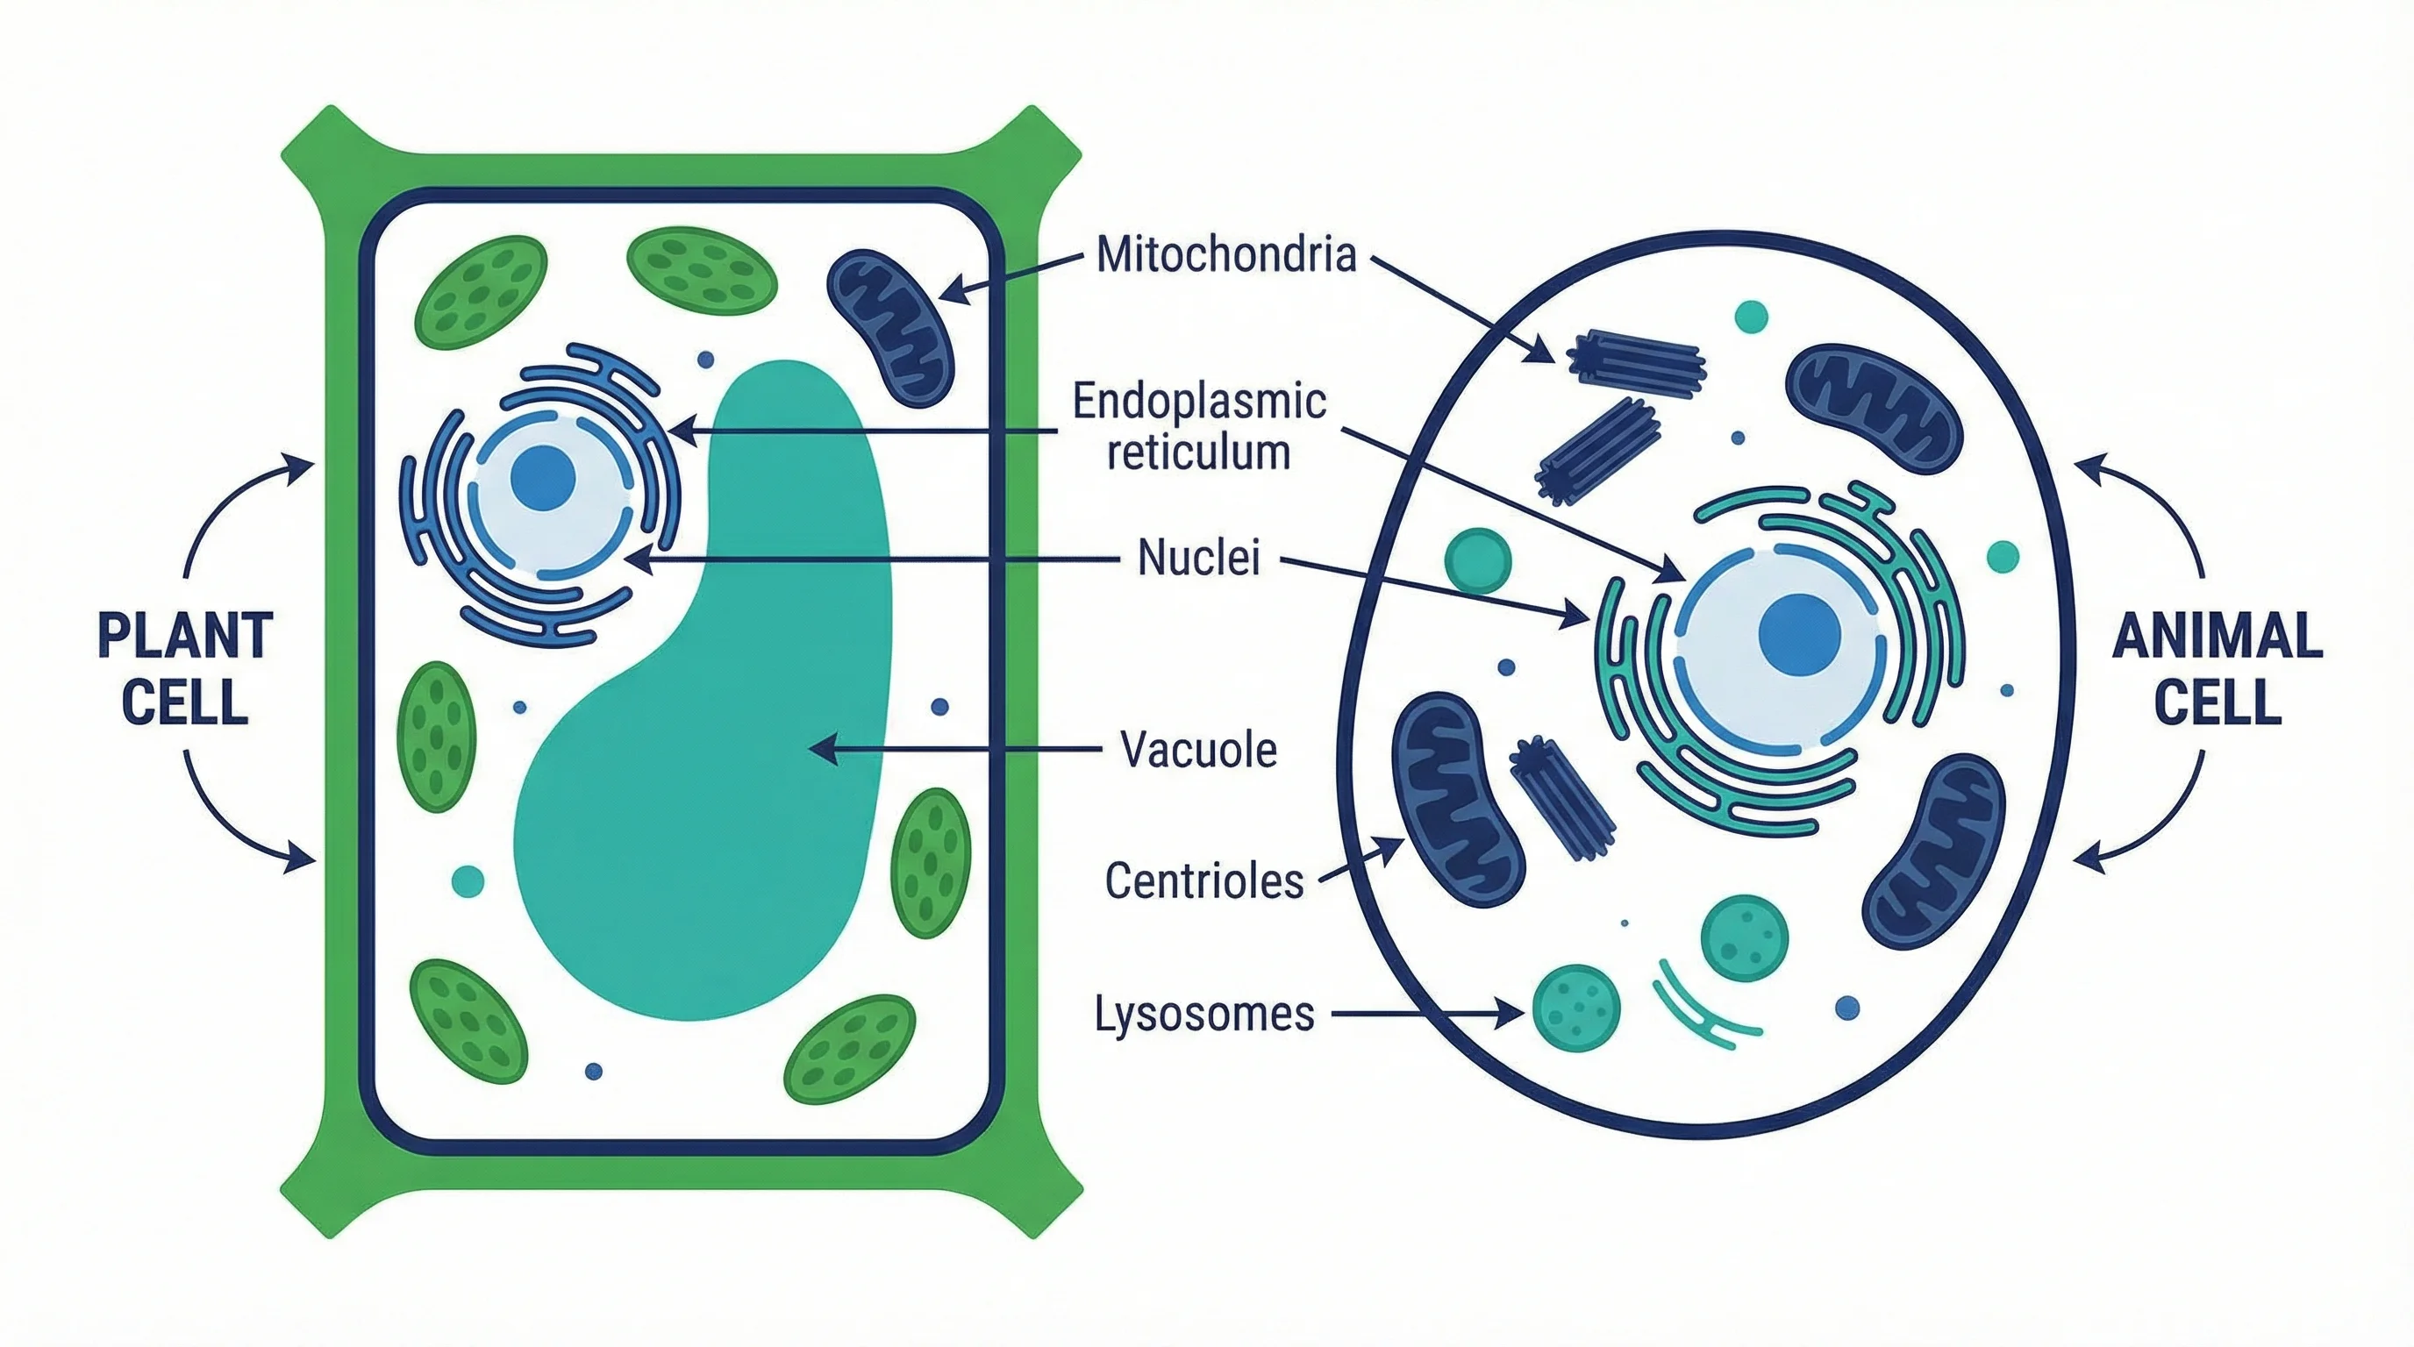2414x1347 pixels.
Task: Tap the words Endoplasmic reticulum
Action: pos(1198,426)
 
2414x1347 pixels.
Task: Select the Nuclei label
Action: pos(1198,558)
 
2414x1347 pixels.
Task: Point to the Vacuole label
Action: pos(1198,750)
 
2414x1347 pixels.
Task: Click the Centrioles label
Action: pos(1204,880)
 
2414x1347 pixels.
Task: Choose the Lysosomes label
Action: pos(1204,1014)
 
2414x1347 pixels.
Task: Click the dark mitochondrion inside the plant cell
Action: pos(889,327)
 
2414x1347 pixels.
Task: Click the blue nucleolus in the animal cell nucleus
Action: pos(1799,634)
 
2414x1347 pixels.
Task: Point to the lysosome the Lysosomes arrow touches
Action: pos(1575,1008)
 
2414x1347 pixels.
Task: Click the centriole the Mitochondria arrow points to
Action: pos(1635,358)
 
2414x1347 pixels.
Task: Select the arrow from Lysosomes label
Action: pos(1425,1014)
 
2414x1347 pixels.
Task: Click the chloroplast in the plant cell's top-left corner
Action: pos(481,292)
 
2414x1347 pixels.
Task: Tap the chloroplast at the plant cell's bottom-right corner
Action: pos(849,1049)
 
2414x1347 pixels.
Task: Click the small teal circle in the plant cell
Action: pos(468,880)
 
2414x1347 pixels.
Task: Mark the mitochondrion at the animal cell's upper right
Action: pos(1875,408)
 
